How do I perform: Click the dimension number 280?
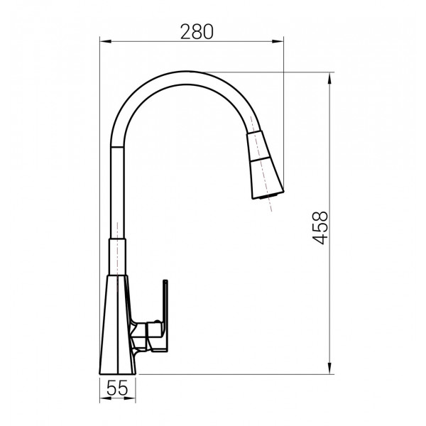tap(197, 32)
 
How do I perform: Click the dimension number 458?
tap(321, 228)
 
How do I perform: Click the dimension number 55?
tap(117, 388)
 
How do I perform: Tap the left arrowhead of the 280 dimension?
tap(106, 42)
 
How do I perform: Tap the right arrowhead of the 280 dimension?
tap(278, 42)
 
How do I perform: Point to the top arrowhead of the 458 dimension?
tap(329, 78)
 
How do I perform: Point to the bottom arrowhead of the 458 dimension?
tap(329, 368)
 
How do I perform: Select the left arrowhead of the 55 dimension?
tap(105, 398)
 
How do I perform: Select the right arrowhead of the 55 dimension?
tap(130, 398)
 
